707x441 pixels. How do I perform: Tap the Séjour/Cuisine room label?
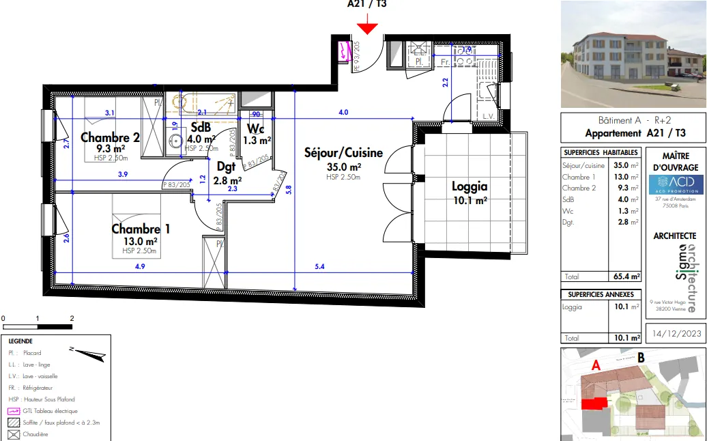pos(343,153)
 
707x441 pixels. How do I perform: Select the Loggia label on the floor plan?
pos(469,186)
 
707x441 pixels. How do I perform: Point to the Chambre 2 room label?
pos(110,137)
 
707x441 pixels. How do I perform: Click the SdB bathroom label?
pos(201,128)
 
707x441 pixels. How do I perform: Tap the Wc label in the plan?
pos(256,129)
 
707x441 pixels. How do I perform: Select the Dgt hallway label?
pos(226,166)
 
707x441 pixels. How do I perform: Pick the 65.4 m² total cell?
pos(626,276)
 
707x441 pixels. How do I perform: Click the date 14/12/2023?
pos(676,334)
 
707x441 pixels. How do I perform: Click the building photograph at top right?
pos(633,53)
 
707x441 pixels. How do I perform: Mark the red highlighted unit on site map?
pos(593,403)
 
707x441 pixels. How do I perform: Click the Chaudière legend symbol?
pos(13,434)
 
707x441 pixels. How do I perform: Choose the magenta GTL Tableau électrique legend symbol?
pos(13,411)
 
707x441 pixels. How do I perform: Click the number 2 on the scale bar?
pos(72,318)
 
